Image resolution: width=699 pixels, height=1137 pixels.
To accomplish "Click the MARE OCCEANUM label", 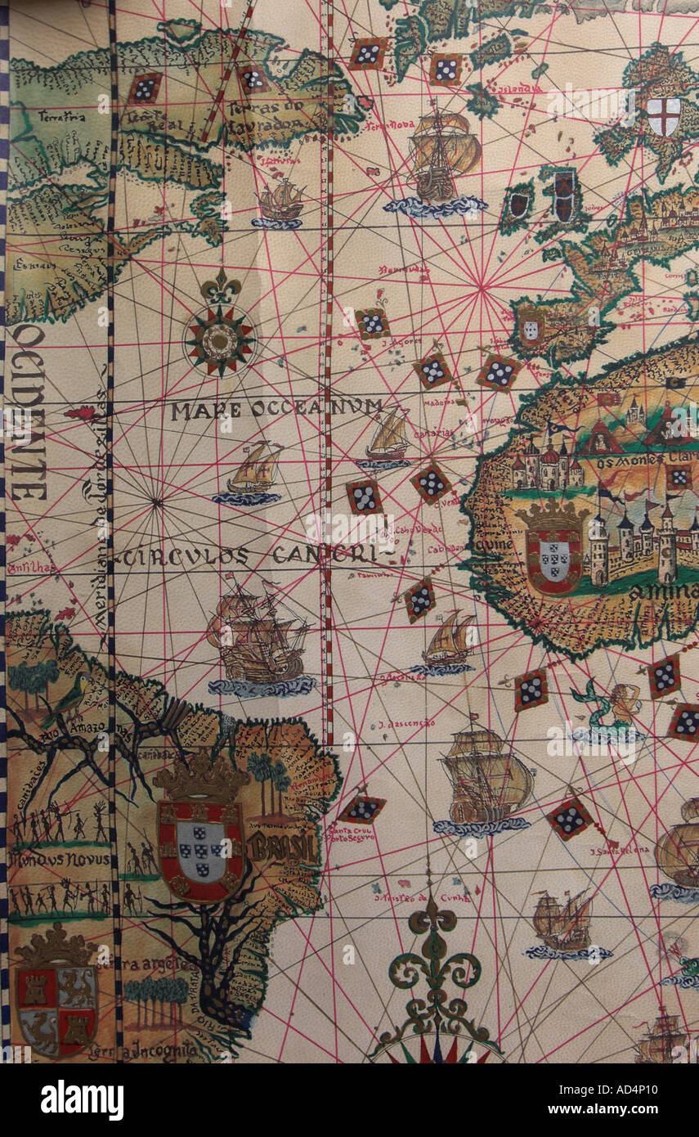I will (276, 409).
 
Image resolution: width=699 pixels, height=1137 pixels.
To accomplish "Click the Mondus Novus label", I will (57, 859).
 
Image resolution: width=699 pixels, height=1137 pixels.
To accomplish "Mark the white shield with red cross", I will (663, 115).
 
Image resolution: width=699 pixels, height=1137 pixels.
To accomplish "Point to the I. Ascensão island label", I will (406, 724).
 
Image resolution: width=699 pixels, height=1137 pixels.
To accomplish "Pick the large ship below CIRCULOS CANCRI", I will (258, 642).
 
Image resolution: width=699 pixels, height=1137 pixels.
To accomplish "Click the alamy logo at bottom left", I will (82, 1100).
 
